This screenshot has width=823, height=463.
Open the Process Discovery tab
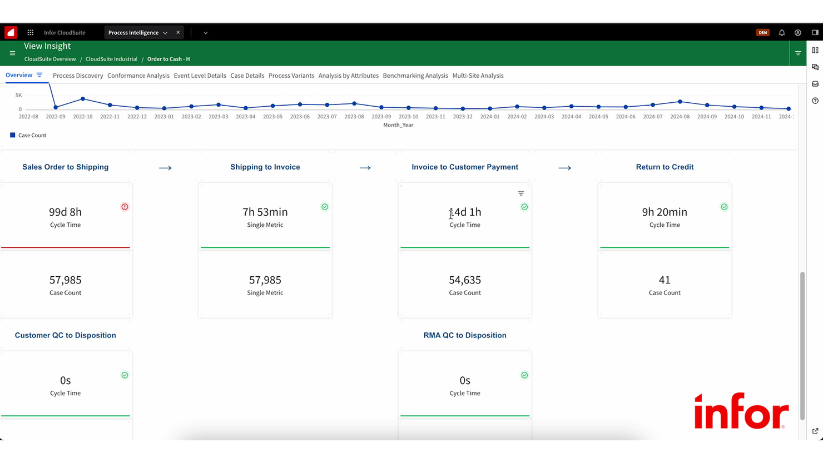[78, 76]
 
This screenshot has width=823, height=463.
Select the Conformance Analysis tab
[138, 76]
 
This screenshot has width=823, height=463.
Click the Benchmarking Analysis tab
[415, 76]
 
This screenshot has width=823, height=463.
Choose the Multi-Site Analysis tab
[478, 76]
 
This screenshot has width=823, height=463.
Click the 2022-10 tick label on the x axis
[83, 117]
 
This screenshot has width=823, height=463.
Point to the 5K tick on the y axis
[18, 96]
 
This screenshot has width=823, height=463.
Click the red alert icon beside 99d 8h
[125, 207]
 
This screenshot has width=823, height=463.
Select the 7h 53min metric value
[265, 212]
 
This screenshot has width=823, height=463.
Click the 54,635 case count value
[465, 280]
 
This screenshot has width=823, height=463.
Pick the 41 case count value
[665, 280]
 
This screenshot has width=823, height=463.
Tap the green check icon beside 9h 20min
[724, 207]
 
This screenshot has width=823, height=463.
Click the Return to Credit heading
[665, 167]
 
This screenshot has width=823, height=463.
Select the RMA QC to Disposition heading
[465, 335]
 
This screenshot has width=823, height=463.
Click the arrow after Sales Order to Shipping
[165, 168]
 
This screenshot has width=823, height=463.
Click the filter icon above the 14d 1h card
[521, 193]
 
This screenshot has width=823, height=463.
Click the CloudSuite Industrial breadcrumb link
[111, 59]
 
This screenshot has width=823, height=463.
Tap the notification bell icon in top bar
[782, 33]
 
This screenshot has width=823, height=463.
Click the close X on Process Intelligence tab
[178, 33]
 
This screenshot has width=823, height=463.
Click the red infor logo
[741, 411]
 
